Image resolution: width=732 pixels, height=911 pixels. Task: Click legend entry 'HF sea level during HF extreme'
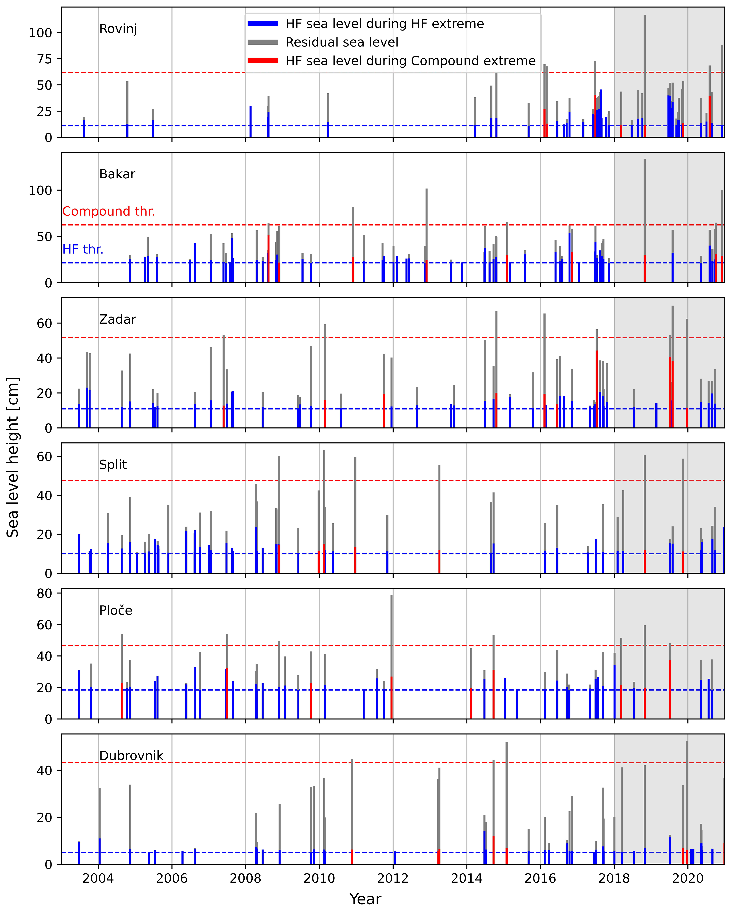tap(384, 24)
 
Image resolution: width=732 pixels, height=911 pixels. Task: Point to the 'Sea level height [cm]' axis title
tap(13, 457)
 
